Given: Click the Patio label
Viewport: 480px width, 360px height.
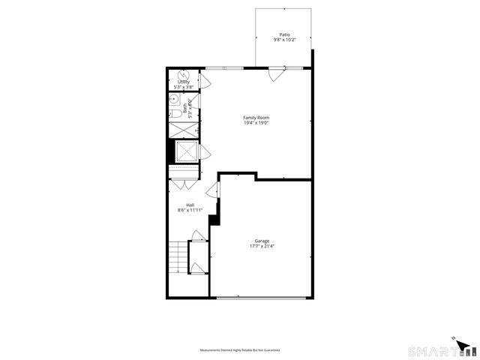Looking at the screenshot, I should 285,34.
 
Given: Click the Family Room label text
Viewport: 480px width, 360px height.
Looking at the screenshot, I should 256,118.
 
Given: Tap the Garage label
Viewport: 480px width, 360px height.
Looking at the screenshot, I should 262,241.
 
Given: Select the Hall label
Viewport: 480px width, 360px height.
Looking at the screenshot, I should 190,205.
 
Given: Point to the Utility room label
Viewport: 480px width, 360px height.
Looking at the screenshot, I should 183,82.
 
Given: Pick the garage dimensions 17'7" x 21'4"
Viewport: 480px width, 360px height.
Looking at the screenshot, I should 262,246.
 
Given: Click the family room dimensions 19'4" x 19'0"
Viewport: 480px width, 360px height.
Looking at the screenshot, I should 256,123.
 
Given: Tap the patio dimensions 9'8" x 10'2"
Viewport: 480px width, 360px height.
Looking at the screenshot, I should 285,40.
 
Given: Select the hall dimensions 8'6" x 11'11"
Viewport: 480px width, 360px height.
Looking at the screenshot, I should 190,211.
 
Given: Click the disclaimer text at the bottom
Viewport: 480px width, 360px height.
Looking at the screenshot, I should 240,350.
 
